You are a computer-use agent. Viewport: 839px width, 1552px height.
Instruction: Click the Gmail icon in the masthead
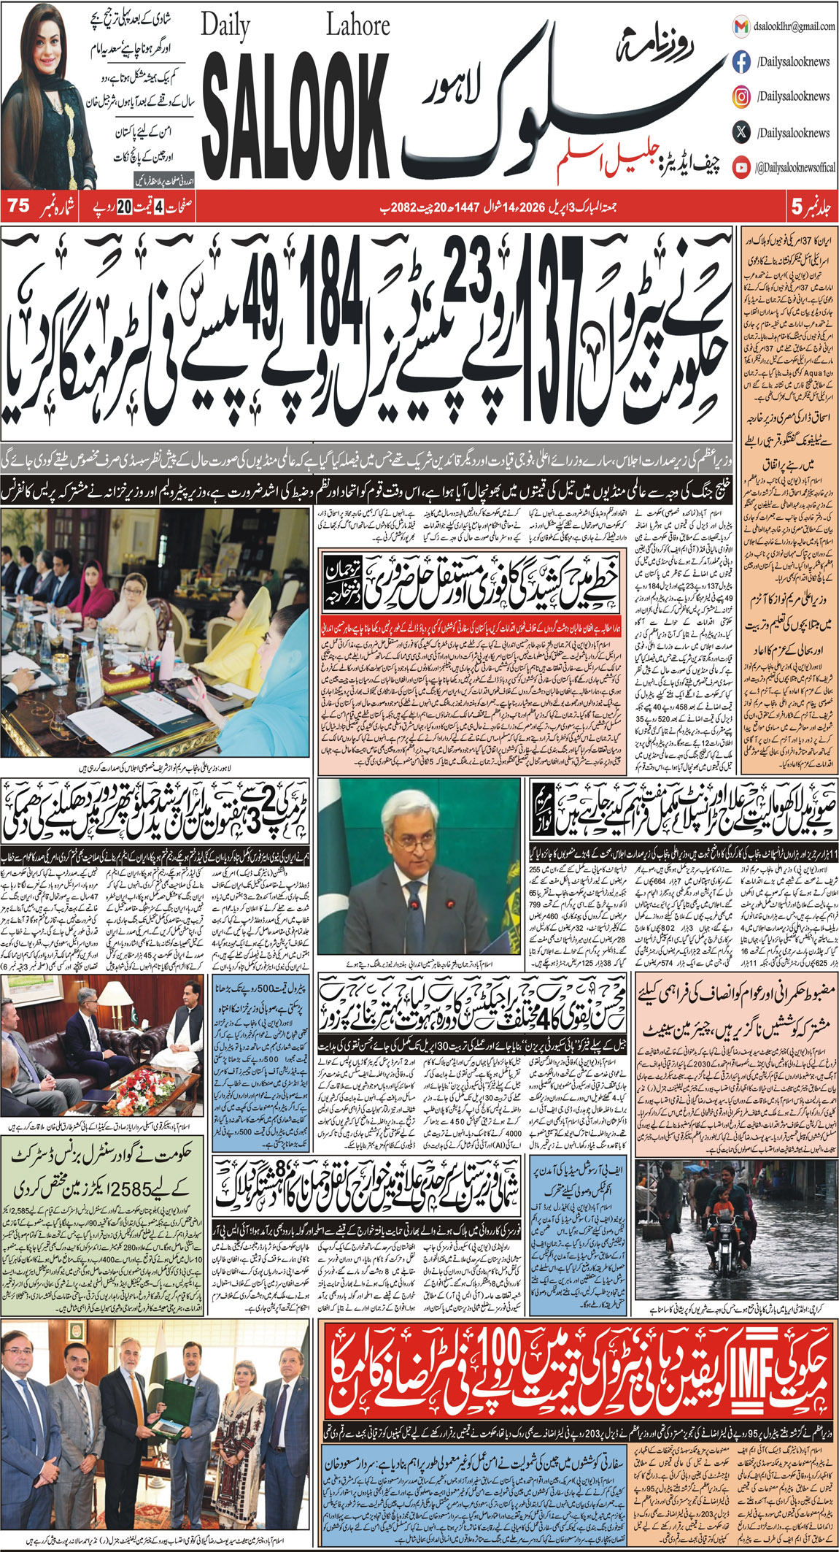[x=741, y=26]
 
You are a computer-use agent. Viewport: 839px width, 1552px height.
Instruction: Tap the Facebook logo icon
[x=741, y=62]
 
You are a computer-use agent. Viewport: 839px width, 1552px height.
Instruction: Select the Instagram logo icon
[x=741, y=96]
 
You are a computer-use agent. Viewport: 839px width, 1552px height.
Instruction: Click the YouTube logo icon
[x=741, y=167]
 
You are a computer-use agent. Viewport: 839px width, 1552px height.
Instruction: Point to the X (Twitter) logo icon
[x=741, y=132]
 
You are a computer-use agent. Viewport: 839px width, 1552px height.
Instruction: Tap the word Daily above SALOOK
[x=225, y=27]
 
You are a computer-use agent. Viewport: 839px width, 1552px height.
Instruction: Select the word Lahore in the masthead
[x=357, y=27]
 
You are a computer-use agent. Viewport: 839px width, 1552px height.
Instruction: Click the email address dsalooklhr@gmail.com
[x=794, y=26]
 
